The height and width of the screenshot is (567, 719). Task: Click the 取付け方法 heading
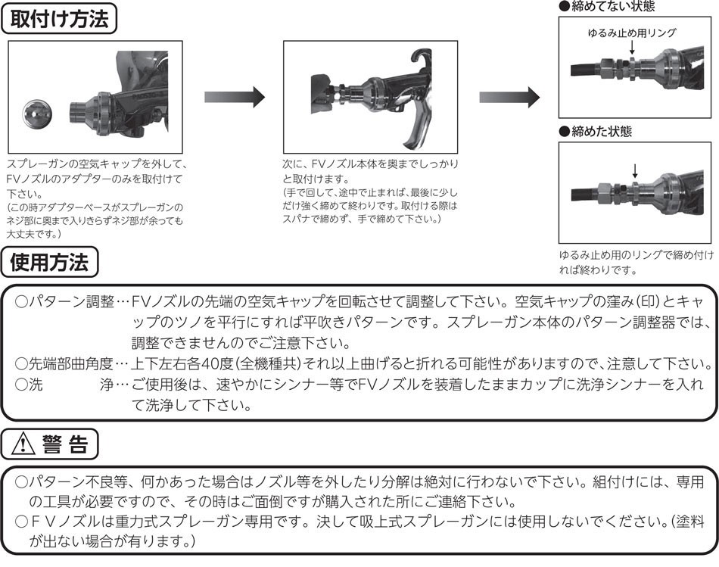click(59, 20)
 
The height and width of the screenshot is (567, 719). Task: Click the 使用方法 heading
click(49, 263)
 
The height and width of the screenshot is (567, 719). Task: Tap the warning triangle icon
click(23, 444)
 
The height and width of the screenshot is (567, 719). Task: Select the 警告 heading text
click(65, 444)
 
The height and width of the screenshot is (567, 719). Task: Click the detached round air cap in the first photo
click(38, 114)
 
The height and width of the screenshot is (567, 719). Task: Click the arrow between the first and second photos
click(235, 97)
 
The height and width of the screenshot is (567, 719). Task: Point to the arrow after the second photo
click(509, 97)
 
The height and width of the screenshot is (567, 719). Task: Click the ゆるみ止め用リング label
click(632, 33)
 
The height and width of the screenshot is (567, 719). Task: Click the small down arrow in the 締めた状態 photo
click(635, 171)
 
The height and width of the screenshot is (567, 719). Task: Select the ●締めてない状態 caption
click(607, 6)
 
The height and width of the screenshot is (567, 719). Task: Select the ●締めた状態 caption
click(595, 132)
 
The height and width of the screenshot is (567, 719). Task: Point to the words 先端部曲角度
click(71, 364)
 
